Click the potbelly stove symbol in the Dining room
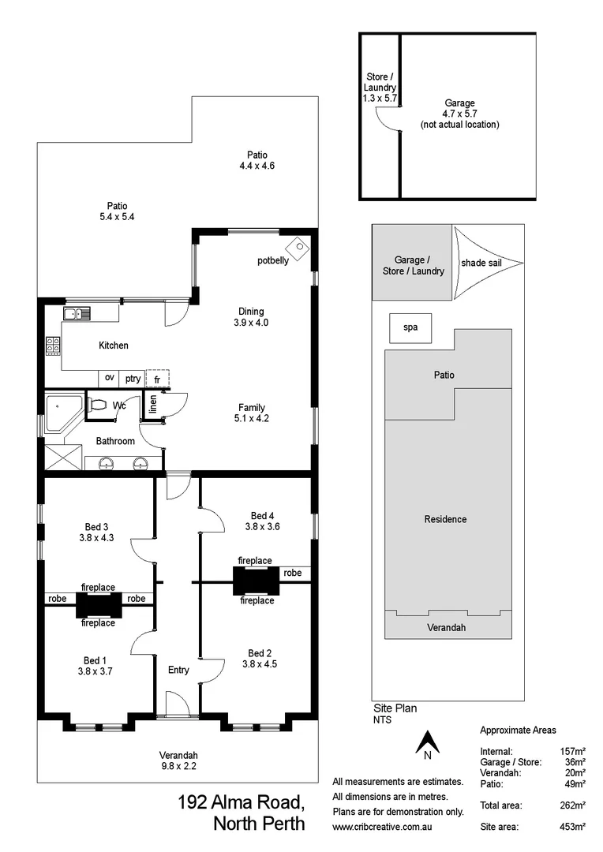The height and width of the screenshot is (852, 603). point(298,246)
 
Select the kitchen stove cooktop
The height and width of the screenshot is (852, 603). point(54,346)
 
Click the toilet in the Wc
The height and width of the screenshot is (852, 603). point(98,405)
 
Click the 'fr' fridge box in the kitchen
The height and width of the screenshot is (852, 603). point(157,379)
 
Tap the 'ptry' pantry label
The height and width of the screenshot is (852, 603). point(133,379)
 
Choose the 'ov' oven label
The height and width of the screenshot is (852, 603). point(110,379)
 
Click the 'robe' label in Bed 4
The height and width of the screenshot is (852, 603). point(292,573)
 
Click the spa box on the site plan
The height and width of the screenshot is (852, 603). point(410,327)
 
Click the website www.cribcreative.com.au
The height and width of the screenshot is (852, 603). point(384,826)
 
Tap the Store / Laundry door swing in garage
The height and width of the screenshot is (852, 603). point(385,119)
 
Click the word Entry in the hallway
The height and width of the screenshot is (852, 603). point(178,670)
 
